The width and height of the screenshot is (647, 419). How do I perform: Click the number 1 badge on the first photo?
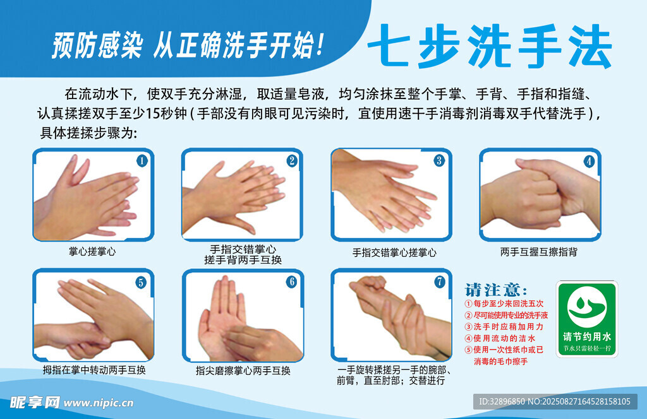pyautogui.click(x=142, y=161)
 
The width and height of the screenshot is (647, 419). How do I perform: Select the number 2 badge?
pyautogui.click(x=292, y=161)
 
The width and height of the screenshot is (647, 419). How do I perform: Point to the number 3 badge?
pyautogui.click(x=439, y=160)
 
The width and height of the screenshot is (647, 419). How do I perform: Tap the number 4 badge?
pyautogui.click(x=589, y=161)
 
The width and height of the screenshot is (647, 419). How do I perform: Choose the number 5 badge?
pyautogui.click(x=141, y=283)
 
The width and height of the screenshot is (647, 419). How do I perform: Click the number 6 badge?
pyautogui.click(x=291, y=282)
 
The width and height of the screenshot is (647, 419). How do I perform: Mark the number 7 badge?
pyautogui.click(x=440, y=281)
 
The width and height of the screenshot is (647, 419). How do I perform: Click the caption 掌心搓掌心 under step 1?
pyautogui.click(x=93, y=252)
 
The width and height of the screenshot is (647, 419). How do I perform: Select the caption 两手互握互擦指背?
pyautogui.click(x=538, y=252)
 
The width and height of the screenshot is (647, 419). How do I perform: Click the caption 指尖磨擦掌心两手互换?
pyautogui.click(x=243, y=370)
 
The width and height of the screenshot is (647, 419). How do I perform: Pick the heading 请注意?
pyautogui.click(x=496, y=290)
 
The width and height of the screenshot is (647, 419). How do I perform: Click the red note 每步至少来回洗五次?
pyautogui.click(x=505, y=304)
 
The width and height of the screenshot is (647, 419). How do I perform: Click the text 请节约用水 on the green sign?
pyautogui.click(x=587, y=336)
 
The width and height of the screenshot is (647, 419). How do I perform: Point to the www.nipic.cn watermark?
pyautogui.click(x=99, y=403)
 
